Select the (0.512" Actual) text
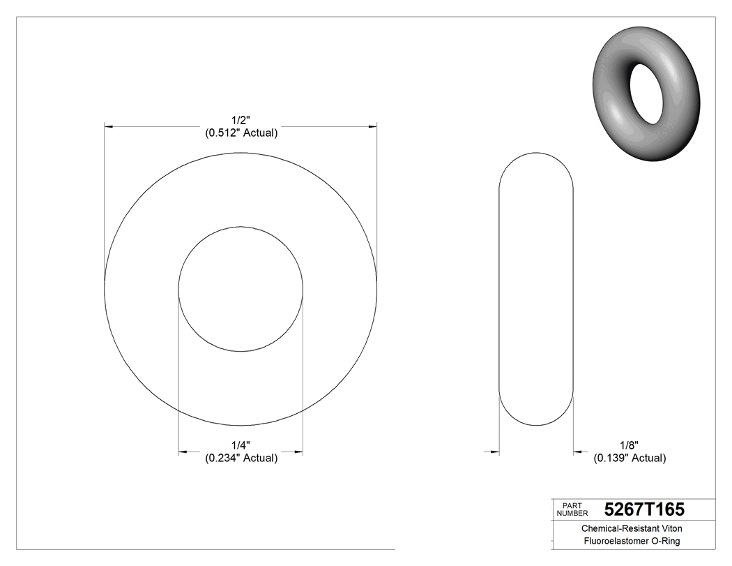[241, 133]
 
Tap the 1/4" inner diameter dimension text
[241, 445]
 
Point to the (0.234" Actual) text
[241, 458]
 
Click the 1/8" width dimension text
[630, 445]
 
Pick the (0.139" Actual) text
[630, 458]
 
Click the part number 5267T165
[644, 508]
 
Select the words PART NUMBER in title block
[573, 509]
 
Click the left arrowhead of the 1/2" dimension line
[109, 126]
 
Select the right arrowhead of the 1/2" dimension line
[372, 126]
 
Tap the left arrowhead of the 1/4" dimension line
[183, 452]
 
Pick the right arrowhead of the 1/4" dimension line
[298, 452]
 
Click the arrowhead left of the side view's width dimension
[495, 452]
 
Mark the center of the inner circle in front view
[241, 289]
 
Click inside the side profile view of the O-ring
[536, 290]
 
